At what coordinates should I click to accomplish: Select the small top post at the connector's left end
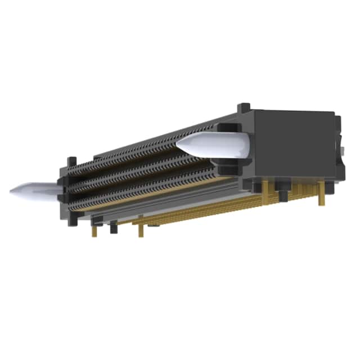coord(71,161)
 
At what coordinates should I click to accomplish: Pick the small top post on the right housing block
coord(244,108)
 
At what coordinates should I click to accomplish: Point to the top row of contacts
coord(146,147)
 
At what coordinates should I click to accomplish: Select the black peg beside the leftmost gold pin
coord(114,227)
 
